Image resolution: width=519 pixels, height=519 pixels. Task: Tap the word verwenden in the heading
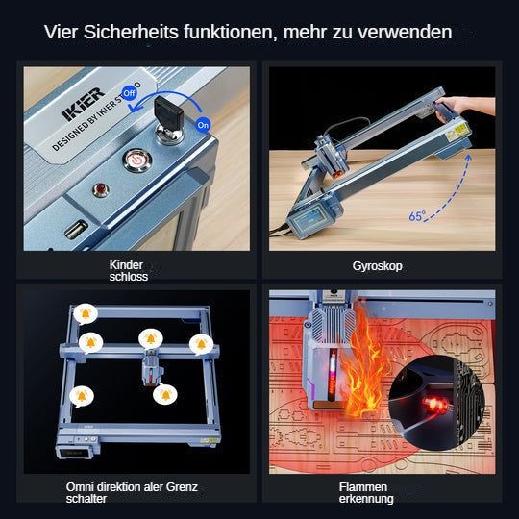click(x=405, y=33)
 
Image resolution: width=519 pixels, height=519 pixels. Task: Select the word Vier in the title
click(x=62, y=33)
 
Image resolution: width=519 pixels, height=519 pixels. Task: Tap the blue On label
click(x=203, y=125)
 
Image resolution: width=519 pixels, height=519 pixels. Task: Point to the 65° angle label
click(x=417, y=216)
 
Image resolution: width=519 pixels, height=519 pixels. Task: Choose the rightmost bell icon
click(x=201, y=342)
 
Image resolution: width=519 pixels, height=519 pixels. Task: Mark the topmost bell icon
click(x=86, y=313)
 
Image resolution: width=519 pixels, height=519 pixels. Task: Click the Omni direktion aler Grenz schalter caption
click(x=132, y=492)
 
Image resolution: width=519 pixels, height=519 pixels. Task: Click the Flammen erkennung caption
click(x=365, y=492)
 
